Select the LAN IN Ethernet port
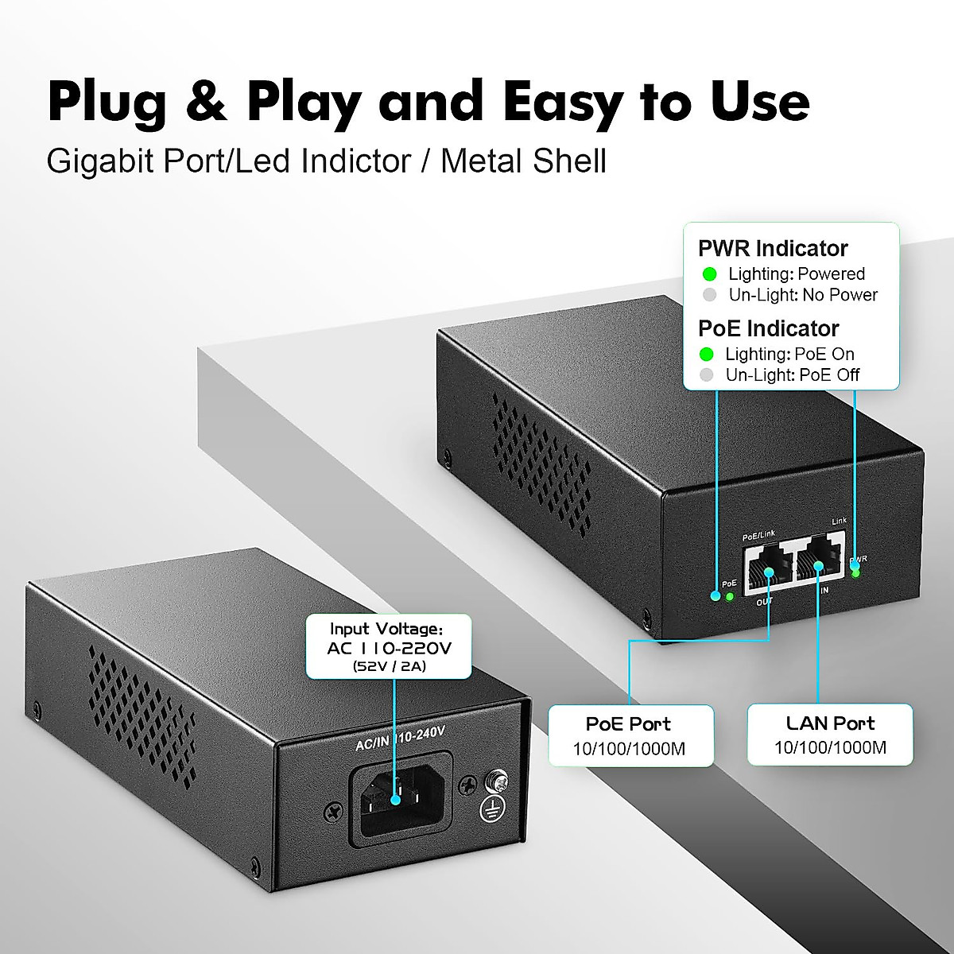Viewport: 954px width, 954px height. coord(819,567)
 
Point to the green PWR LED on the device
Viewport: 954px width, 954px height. coord(855,573)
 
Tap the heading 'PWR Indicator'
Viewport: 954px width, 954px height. coord(773,249)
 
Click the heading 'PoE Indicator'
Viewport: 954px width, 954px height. coord(768,328)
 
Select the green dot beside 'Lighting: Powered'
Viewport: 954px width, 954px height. coord(710,274)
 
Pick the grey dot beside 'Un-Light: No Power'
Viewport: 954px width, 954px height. coord(710,295)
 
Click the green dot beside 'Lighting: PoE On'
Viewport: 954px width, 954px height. coord(706,355)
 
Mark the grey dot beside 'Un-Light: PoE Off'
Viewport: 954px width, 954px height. coord(706,375)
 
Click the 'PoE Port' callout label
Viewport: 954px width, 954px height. coord(628,723)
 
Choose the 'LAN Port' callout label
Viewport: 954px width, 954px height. coord(830,723)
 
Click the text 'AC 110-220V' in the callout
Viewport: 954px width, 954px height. coord(390,648)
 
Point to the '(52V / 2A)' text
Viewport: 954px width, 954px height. coord(390,666)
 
